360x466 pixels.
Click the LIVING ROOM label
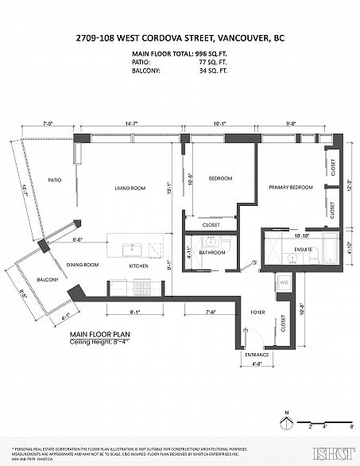pyautogui.click(x=130, y=188)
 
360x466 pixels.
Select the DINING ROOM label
pyautogui.click(x=83, y=264)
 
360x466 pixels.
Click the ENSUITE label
pyautogui.click(x=304, y=249)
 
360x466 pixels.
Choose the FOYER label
pyautogui.click(x=257, y=313)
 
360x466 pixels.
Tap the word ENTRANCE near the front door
pyautogui.click(x=257, y=354)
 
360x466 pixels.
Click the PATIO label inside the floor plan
pyautogui.click(x=55, y=180)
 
